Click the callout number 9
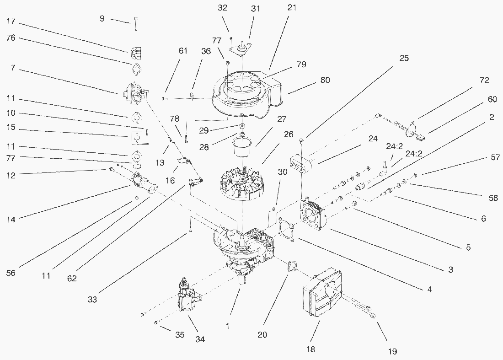102,18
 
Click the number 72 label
484,81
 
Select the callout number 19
392,351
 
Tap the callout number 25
403,58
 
